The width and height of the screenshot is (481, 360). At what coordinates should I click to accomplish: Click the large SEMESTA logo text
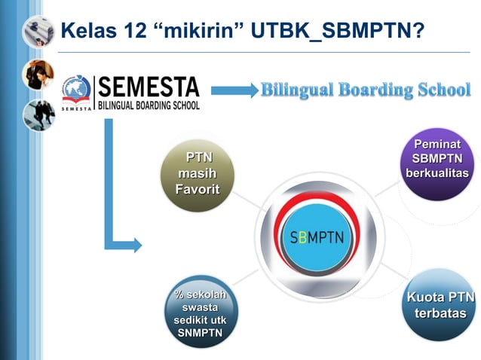[148, 87]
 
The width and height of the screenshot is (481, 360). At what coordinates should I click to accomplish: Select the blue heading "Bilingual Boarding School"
[366, 90]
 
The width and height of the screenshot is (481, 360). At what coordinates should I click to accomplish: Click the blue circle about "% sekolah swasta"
[201, 311]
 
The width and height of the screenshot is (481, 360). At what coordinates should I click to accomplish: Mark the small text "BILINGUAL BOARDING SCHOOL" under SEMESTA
[148, 105]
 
